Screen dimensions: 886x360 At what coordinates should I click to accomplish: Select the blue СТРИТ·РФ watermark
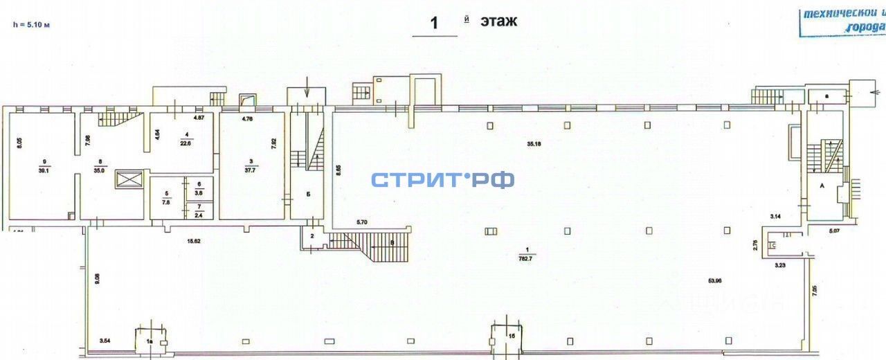[x=443, y=180]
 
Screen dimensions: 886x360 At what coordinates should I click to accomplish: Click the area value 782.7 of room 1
[x=527, y=256]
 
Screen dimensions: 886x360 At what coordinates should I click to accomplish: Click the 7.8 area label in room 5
[x=165, y=203]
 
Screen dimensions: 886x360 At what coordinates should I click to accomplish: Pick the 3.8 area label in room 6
[x=199, y=193]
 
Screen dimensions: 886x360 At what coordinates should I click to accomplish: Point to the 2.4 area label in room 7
[x=199, y=214]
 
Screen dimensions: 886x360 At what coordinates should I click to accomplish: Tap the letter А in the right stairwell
[x=821, y=186]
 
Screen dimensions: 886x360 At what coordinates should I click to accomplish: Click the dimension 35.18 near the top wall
[x=533, y=145]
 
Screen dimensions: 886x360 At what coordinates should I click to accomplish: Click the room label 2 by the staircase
[x=312, y=237]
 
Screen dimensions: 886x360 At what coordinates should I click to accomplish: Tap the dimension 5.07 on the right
[x=835, y=231]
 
